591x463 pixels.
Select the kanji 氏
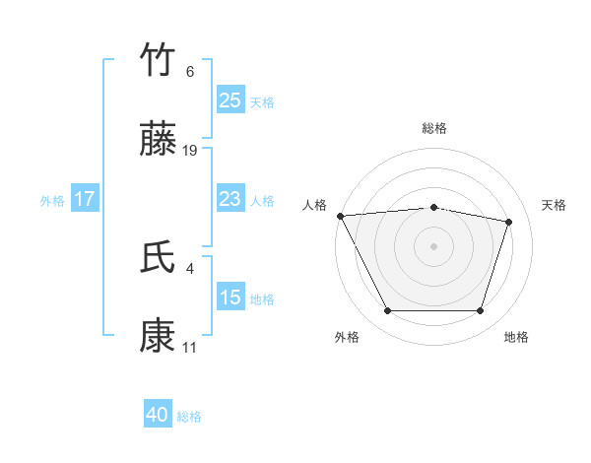point(159,257)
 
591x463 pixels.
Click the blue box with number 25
point(230,99)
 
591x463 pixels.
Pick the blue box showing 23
point(230,199)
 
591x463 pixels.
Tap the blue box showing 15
point(230,298)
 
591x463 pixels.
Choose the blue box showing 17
point(85,199)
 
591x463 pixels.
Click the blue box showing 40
point(158,415)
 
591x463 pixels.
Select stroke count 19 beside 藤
point(190,151)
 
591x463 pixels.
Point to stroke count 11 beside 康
point(189,348)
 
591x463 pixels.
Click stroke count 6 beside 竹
point(189,72)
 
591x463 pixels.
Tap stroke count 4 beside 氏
point(189,267)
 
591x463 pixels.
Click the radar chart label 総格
point(433,128)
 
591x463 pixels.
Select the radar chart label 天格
point(554,205)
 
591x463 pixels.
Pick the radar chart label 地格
point(516,337)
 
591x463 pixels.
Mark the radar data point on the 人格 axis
point(340,216)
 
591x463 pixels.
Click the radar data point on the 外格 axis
point(387,311)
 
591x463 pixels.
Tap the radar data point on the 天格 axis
point(508,222)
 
